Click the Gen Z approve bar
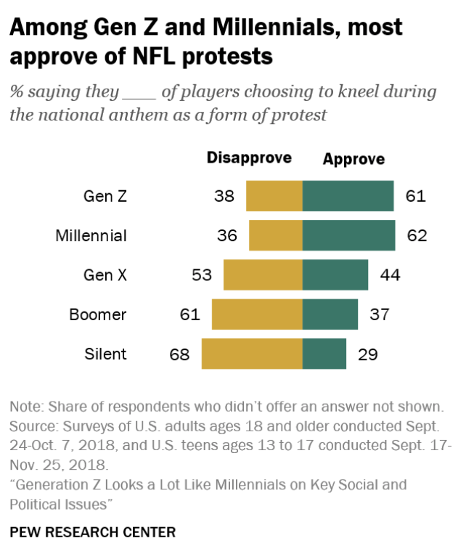tap(348, 196)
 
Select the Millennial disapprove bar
tap(276, 236)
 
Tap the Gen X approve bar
tap(335, 275)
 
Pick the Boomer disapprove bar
tap(257, 314)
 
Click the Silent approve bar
tap(324, 354)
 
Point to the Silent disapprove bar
tap(252, 354)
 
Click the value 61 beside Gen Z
tap(416, 196)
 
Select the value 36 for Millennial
tap(226, 236)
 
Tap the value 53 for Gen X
tap(201, 275)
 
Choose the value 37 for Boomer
tap(380, 314)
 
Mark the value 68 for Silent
tap(179, 354)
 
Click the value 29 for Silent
tap(368, 354)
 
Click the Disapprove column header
tap(249, 158)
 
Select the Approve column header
tap(354, 158)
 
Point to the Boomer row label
tap(98, 314)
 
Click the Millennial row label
tap(91, 236)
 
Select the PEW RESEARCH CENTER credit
tap(93, 532)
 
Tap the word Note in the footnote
tap(25, 406)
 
